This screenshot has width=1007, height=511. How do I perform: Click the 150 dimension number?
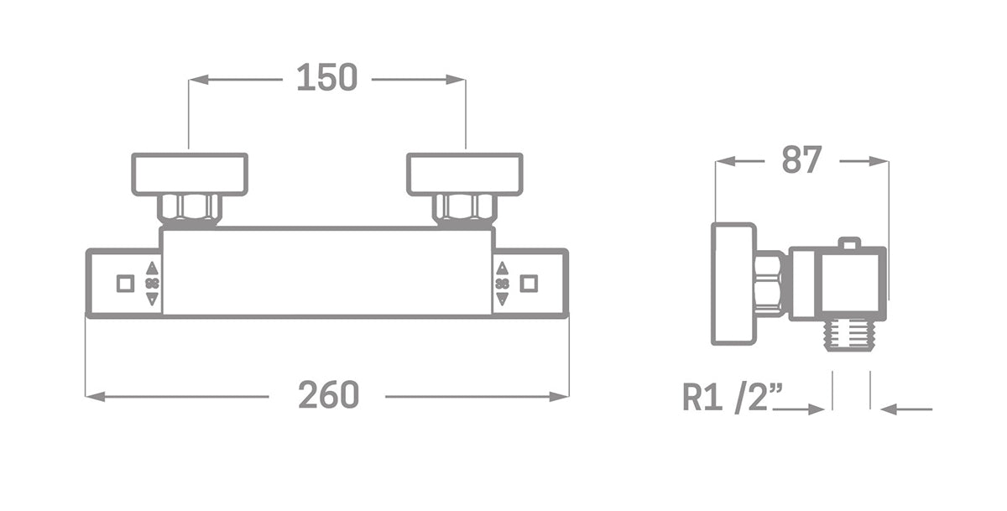coord(327,78)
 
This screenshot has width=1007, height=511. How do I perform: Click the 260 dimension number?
coord(328,395)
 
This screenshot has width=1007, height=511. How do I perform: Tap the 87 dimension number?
coord(801,160)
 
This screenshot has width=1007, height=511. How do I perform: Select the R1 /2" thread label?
coord(732,397)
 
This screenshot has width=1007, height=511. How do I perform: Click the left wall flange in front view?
coord(190,175)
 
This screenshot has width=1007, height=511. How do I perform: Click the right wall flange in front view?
coord(465,175)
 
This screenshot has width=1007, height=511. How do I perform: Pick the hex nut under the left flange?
coord(190,207)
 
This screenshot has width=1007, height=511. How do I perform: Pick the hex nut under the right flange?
coord(465,207)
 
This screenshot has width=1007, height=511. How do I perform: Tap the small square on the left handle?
coord(125,284)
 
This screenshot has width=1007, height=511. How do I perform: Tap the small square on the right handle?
coord(529,284)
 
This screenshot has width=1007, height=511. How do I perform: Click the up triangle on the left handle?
coord(152,269)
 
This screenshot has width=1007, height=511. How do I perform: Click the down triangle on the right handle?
coord(502,299)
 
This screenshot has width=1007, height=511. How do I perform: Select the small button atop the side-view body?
coord(850,243)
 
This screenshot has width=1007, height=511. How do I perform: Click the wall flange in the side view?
coord(733,284)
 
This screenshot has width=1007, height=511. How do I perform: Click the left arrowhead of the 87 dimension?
coord(723,161)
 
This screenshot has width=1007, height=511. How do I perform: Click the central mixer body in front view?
coord(327,271)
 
